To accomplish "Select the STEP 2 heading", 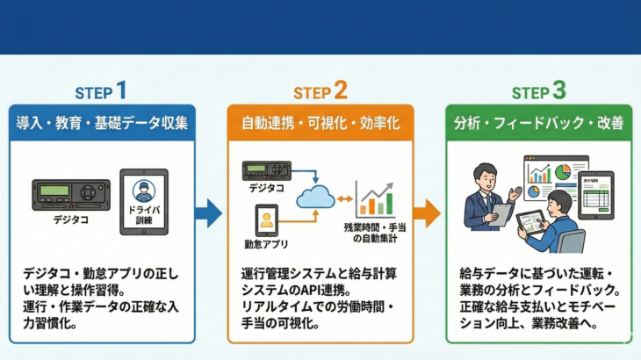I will (x=320, y=91).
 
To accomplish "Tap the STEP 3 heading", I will (x=539, y=91).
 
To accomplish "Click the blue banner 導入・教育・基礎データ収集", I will (x=102, y=124).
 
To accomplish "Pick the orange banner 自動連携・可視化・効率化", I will (x=320, y=124).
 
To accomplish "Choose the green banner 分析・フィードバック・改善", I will (x=538, y=124).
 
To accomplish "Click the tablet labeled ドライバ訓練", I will (x=143, y=201).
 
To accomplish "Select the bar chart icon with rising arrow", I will (x=374, y=198).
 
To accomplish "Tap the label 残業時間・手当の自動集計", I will (x=375, y=233).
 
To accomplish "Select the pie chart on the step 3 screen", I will (x=562, y=170).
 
